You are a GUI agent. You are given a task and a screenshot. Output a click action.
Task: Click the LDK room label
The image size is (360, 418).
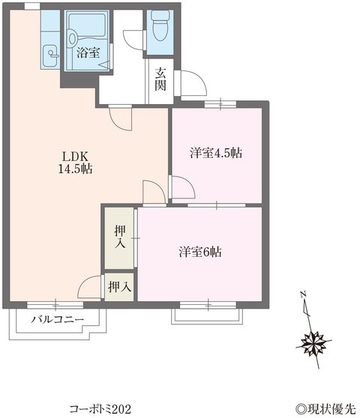[76, 156]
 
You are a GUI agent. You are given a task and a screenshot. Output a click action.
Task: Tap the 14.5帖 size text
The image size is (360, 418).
[76, 169]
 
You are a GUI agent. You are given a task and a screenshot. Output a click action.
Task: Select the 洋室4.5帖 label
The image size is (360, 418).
[215, 153]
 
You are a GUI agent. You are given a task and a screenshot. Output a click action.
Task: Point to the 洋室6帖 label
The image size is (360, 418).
[199, 252]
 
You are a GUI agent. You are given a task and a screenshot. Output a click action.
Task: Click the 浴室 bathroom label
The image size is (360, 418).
[88, 52]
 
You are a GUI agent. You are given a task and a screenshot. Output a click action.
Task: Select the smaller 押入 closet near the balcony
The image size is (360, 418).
[118, 286]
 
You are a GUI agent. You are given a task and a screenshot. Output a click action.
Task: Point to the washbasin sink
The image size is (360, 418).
[49, 52]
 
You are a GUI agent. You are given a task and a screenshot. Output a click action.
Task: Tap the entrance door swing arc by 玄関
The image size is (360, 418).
[184, 84]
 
